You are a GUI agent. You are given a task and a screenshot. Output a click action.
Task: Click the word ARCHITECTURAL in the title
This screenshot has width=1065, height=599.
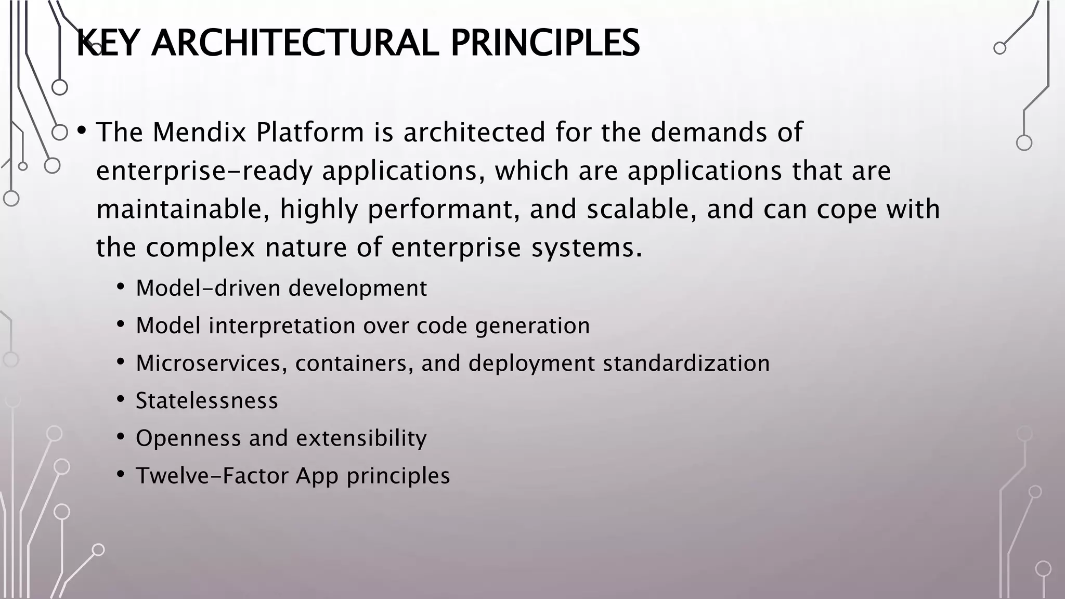[x=294, y=43]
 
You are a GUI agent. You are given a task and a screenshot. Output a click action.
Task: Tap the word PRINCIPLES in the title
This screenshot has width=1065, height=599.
[x=544, y=43]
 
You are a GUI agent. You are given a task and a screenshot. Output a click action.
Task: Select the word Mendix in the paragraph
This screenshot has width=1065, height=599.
[x=199, y=132]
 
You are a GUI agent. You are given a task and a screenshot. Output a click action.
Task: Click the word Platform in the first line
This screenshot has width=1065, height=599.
[x=310, y=132]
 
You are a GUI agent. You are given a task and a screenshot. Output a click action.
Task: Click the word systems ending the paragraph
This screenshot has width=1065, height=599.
[x=586, y=248]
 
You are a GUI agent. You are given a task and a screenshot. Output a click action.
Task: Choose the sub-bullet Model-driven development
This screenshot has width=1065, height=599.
[x=281, y=288]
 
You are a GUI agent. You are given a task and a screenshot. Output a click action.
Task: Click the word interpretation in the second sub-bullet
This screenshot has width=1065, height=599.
[x=282, y=326]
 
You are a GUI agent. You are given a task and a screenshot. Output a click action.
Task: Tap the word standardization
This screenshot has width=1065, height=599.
[x=686, y=363]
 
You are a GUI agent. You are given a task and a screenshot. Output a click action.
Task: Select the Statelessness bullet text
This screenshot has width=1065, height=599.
[x=206, y=401]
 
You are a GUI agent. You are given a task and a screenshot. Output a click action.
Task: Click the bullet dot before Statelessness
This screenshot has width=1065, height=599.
[x=121, y=399]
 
